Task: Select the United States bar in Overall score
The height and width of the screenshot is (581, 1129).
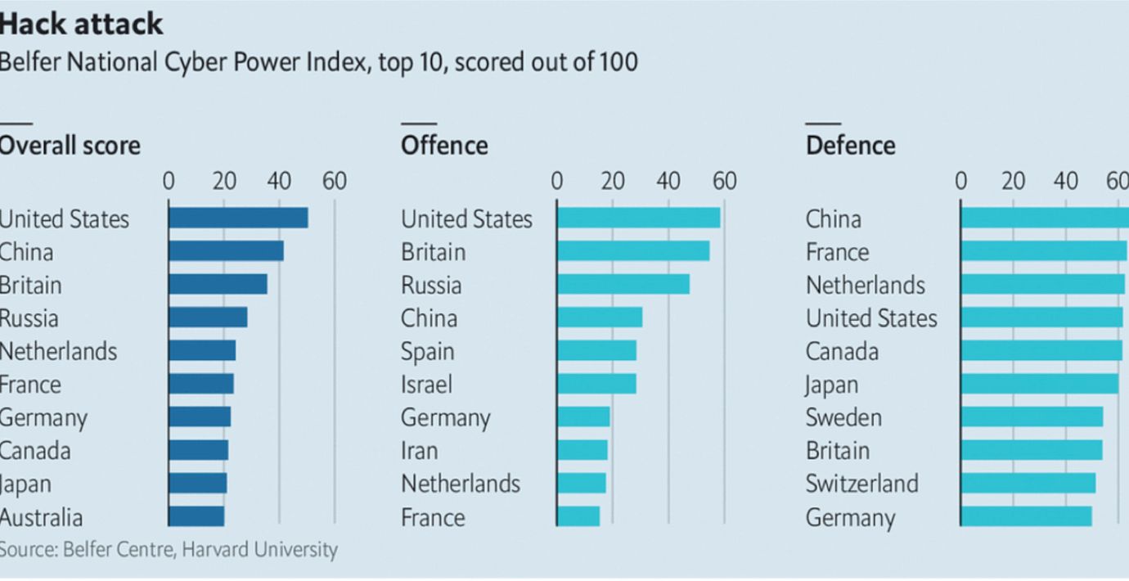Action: point(238,218)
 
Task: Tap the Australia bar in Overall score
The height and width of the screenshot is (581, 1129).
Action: point(196,516)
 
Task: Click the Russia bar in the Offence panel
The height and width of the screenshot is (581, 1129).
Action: point(623,284)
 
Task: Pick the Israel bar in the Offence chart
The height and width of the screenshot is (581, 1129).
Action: point(596,384)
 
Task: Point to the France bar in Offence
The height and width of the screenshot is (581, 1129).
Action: point(578,516)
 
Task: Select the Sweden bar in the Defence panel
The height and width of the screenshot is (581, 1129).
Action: point(1032,417)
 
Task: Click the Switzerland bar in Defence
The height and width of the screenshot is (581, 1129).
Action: point(1028,483)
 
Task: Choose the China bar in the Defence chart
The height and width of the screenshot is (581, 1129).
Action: point(1045,218)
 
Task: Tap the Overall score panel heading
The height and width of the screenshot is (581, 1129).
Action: point(70,146)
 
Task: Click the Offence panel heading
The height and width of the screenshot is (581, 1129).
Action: point(444,146)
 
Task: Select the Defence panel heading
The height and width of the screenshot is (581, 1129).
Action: point(850,146)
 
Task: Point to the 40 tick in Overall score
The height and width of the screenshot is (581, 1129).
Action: point(279,181)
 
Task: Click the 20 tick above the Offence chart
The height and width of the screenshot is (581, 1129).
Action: point(613,181)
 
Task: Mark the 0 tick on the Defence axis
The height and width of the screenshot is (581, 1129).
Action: point(961,181)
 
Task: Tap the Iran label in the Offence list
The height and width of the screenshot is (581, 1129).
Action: point(419,450)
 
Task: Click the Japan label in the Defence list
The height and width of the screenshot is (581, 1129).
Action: point(832,384)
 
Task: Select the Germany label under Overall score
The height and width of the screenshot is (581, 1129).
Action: point(43,417)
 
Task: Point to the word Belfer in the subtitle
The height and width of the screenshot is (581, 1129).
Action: point(28,61)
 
